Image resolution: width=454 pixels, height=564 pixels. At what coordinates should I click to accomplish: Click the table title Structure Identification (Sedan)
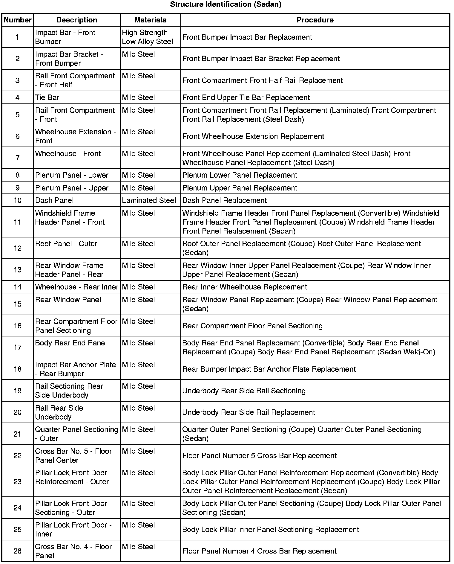[x=226, y=4]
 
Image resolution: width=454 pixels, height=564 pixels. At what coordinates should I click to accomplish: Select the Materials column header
[x=150, y=20]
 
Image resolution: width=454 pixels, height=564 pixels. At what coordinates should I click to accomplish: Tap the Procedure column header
[x=315, y=20]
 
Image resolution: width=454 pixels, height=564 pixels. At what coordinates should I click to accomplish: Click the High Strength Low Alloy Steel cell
[x=148, y=37]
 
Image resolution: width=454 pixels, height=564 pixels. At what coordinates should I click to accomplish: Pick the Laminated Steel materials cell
[x=149, y=200]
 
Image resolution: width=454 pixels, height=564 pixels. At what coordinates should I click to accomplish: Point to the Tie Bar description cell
[x=47, y=97]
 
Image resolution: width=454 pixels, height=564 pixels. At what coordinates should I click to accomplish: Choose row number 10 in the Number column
[x=18, y=200]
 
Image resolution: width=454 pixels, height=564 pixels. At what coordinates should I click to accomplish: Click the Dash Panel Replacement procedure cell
[x=224, y=200]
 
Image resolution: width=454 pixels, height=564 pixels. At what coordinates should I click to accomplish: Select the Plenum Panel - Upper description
[x=72, y=188]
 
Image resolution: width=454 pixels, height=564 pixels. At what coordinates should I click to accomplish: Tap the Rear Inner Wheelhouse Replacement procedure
[x=245, y=287]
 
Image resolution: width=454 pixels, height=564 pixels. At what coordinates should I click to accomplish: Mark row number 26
[x=18, y=551]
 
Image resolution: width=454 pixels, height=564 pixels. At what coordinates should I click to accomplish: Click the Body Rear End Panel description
[x=71, y=343]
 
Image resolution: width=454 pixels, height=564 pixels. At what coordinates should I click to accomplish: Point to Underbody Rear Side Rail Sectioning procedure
[x=244, y=391]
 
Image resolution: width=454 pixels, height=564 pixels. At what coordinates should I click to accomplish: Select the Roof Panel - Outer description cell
[x=66, y=244]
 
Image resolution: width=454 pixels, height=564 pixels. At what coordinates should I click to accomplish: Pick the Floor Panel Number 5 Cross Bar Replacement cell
[x=259, y=455]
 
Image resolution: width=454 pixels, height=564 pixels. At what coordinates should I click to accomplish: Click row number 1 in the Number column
[x=18, y=37]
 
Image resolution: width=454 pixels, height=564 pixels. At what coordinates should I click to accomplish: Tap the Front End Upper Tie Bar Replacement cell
[x=246, y=98]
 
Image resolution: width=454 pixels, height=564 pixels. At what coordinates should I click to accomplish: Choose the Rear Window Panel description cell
[x=68, y=300]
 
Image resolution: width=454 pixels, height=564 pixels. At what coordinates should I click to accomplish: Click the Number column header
[x=18, y=20]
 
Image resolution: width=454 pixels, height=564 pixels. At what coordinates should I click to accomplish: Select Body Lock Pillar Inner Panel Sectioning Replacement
[x=270, y=530]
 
